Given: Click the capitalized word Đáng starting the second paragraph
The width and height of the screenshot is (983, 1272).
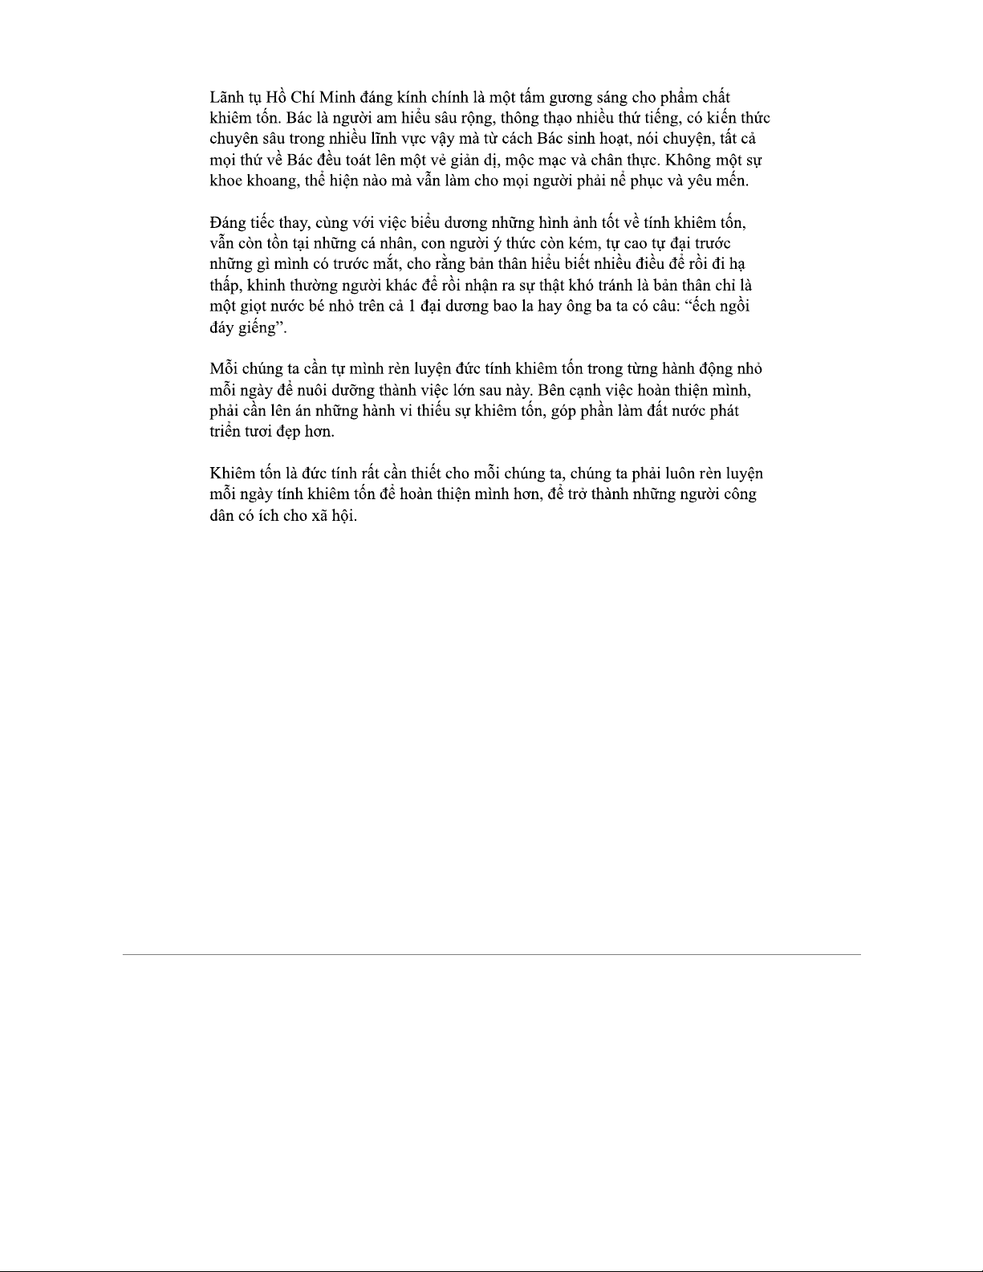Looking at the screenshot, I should [x=228, y=223].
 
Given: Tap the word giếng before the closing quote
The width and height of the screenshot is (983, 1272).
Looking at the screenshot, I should [x=250, y=327].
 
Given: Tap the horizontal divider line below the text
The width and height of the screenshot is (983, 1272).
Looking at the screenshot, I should [x=491, y=954].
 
